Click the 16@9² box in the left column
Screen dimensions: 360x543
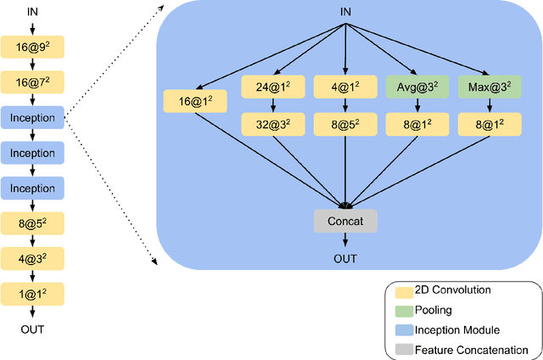tap(32, 48)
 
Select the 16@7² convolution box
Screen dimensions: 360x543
tap(32, 82)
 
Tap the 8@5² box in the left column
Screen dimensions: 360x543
tap(32, 223)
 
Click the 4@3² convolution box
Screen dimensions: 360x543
tap(32, 258)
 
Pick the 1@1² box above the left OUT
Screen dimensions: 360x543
tap(32, 294)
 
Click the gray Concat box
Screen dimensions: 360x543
tap(345, 221)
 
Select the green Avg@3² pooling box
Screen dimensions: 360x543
tap(417, 86)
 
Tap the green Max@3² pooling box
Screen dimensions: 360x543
tap(490, 86)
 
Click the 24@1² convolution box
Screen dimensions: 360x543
tap(272, 86)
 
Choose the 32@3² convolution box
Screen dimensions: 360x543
tap(272, 123)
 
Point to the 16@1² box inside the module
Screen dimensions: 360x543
tap(195, 101)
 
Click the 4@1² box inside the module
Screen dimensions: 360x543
tap(344, 86)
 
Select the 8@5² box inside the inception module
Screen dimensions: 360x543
tap(344, 123)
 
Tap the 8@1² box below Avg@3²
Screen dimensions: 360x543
tap(417, 123)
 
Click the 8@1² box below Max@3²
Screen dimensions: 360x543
tap(490, 123)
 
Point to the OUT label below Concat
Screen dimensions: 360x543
tap(345, 259)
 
